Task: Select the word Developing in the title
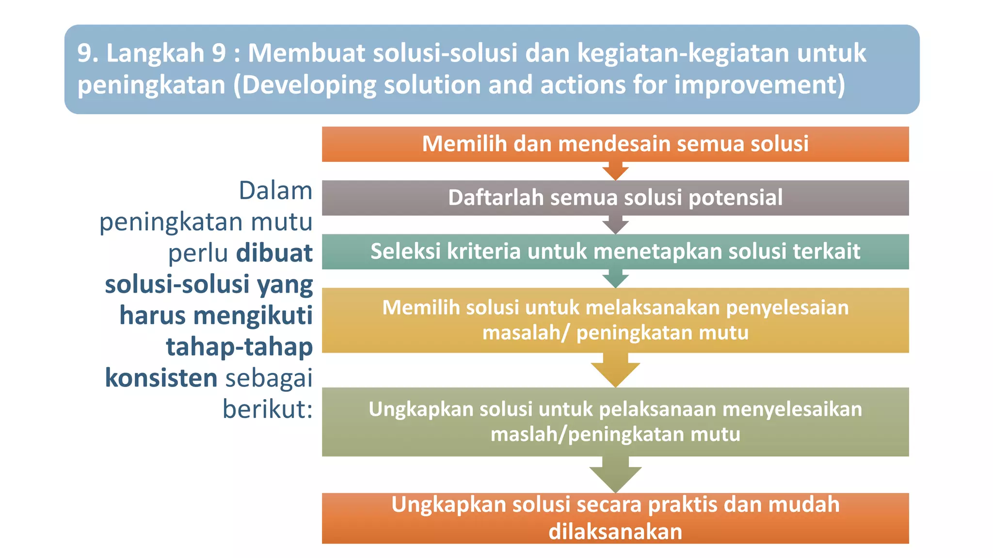pyautogui.click(x=309, y=85)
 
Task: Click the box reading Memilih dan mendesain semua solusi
pyautogui.click(x=615, y=144)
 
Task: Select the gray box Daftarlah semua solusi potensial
pyautogui.click(x=615, y=198)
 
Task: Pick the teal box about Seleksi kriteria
pyautogui.click(x=615, y=251)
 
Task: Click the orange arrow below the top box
pyautogui.click(x=615, y=171)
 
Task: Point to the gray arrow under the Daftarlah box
pyautogui.click(x=615, y=225)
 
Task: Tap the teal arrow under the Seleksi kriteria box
pyautogui.click(x=615, y=279)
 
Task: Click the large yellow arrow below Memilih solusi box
pyautogui.click(x=615, y=371)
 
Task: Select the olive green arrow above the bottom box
pyautogui.click(x=615, y=476)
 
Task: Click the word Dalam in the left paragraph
pyautogui.click(x=275, y=191)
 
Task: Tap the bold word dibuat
pyautogui.click(x=274, y=253)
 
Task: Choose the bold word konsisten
pyautogui.click(x=161, y=378)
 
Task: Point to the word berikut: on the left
pyautogui.click(x=267, y=409)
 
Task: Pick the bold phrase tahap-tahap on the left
pyautogui.click(x=239, y=347)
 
